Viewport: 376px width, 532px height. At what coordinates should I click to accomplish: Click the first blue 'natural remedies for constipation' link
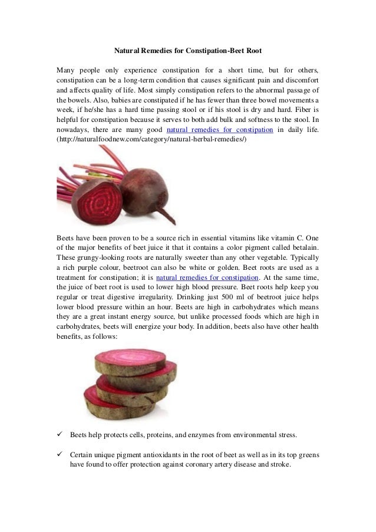tap(220, 130)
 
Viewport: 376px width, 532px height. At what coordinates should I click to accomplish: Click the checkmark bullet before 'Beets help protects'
tap(60, 435)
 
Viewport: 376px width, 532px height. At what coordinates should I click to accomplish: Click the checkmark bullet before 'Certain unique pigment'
tap(60, 455)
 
